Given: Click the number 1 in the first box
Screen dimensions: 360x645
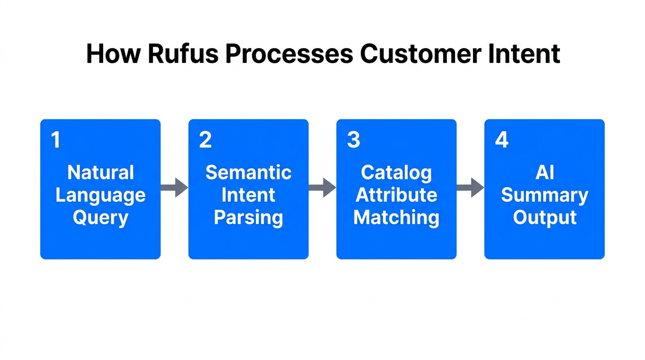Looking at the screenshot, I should pyautogui.click(x=56, y=140).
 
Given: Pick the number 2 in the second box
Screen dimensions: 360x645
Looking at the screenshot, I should pyautogui.click(x=205, y=140).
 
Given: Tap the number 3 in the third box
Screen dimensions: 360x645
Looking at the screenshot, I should pyautogui.click(x=353, y=140).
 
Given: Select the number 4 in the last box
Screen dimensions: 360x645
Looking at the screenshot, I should pyautogui.click(x=502, y=140).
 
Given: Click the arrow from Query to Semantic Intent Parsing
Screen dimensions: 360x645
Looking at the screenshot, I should pyautogui.click(x=174, y=187).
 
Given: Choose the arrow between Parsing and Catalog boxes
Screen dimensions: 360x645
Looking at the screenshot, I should pyautogui.click(x=322, y=187).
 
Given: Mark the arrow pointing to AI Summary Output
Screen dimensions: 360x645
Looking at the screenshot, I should pyautogui.click(x=470, y=187).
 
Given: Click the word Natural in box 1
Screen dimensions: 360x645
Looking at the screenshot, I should pyautogui.click(x=100, y=172).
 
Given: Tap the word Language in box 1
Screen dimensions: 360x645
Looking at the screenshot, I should pyautogui.click(x=100, y=195).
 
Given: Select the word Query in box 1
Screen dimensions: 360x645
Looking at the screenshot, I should pyautogui.click(x=100, y=218).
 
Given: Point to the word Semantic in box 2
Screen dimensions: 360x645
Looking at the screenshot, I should pyautogui.click(x=248, y=172).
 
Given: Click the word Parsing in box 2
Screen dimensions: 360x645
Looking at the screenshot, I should pyautogui.click(x=248, y=218).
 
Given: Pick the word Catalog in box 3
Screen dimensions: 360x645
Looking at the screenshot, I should pyautogui.click(x=396, y=173).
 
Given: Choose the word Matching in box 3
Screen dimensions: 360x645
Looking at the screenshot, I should pyautogui.click(x=396, y=218).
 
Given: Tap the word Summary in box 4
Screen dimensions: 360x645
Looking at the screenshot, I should pyautogui.click(x=544, y=195).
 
